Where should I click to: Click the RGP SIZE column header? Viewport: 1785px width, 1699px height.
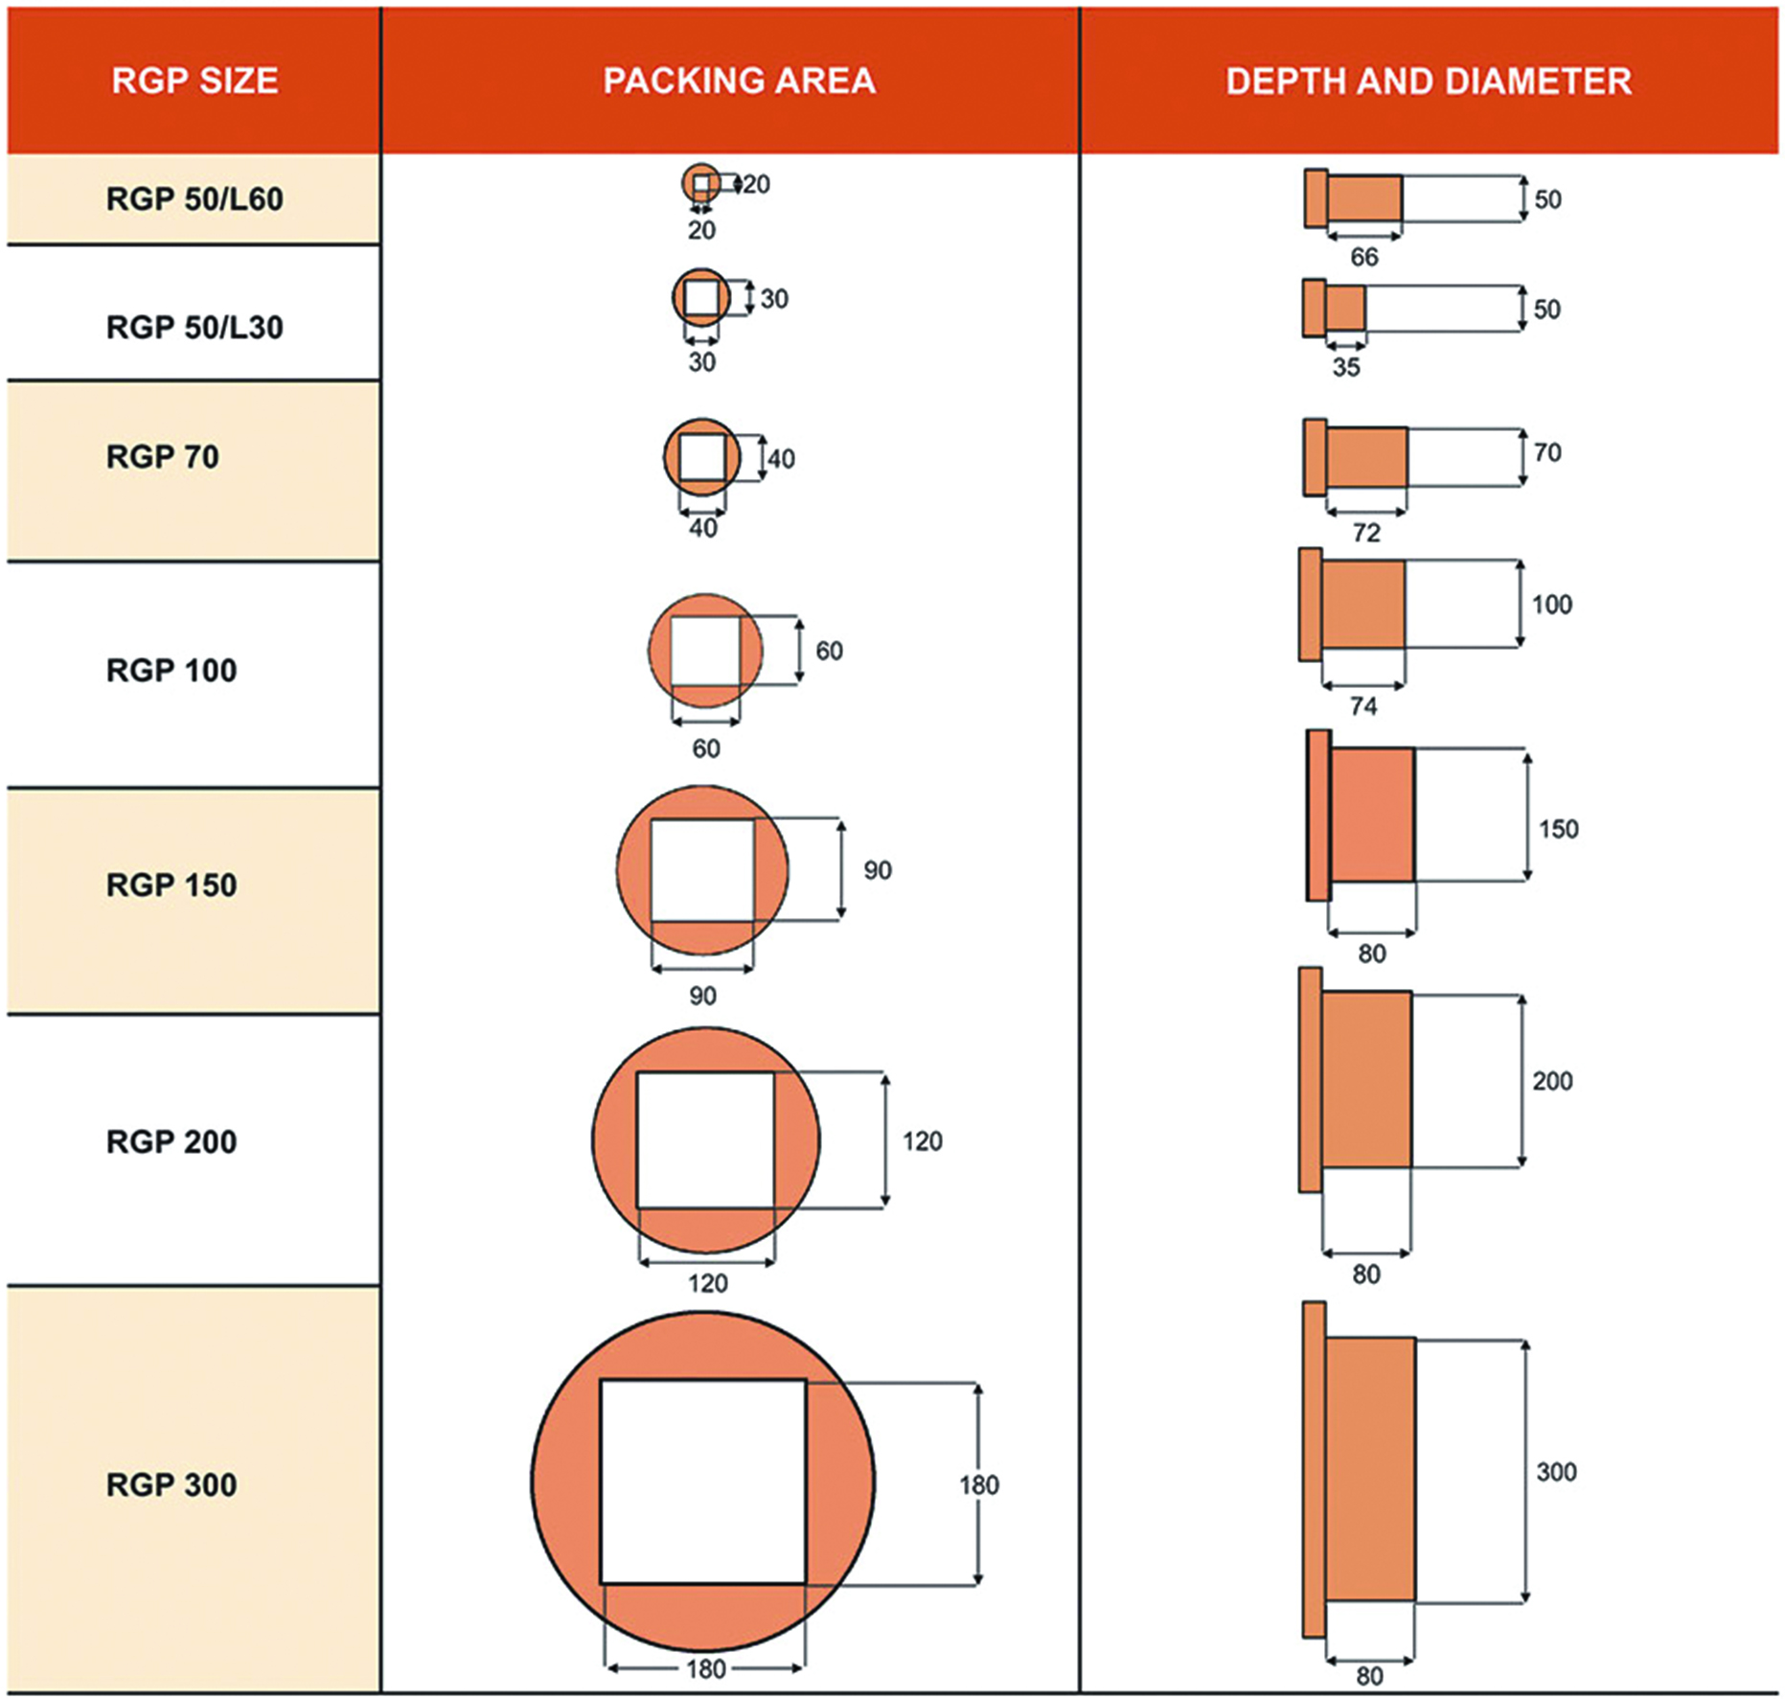(x=195, y=80)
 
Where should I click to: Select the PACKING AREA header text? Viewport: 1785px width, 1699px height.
(x=739, y=80)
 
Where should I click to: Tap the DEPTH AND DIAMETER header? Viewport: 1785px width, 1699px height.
(x=1429, y=80)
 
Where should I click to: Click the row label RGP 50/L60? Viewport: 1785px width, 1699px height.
(x=195, y=199)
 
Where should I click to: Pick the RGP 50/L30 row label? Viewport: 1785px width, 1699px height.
(x=195, y=328)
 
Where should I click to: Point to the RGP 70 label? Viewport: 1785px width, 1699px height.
(x=163, y=457)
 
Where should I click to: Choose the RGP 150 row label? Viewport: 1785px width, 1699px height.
(x=172, y=884)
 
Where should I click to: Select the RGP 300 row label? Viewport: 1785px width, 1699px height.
(x=172, y=1484)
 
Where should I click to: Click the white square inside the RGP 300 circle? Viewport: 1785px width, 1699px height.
(x=703, y=1481)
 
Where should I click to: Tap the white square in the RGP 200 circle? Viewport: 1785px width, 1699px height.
(x=705, y=1140)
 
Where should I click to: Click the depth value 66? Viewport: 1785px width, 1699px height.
(x=1363, y=258)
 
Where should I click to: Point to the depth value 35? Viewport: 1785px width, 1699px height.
(x=1345, y=368)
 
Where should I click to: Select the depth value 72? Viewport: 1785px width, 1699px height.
(x=1366, y=533)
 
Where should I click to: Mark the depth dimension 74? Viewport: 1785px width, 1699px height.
(x=1363, y=707)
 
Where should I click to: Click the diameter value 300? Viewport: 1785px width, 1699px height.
(x=1556, y=1472)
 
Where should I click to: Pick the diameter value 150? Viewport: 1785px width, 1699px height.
(x=1558, y=829)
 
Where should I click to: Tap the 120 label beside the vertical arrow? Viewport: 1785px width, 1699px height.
(x=922, y=1141)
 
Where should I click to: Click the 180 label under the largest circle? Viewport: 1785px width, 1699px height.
(x=705, y=1669)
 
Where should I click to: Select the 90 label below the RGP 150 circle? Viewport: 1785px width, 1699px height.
(x=702, y=997)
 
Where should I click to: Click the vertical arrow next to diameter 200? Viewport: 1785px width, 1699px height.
(x=1522, y=1081)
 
